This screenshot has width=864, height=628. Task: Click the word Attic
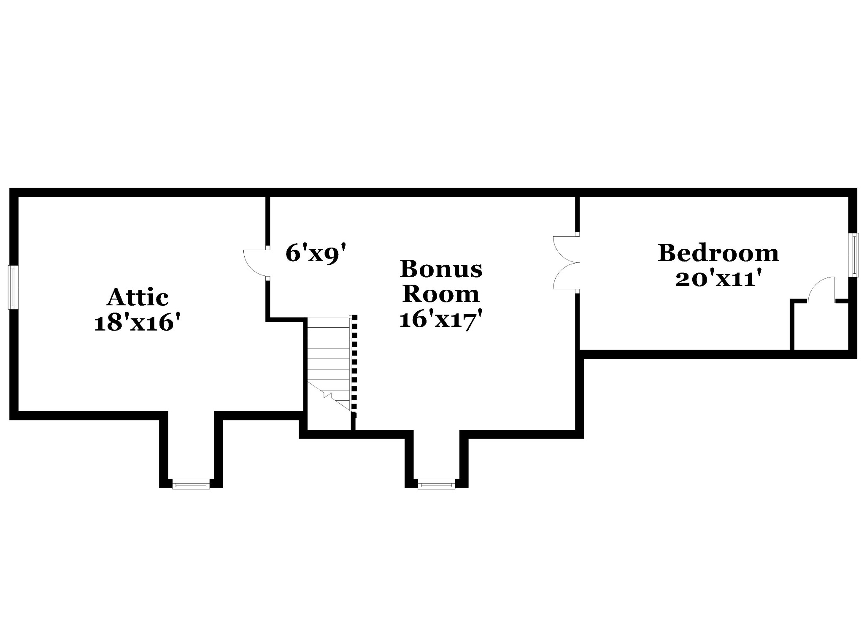point(138,297)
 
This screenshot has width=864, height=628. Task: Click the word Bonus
point(441,269)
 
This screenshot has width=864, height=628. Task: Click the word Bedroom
point(718,253)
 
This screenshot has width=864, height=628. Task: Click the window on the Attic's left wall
point(13,287)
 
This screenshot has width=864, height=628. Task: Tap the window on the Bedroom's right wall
point(853,255)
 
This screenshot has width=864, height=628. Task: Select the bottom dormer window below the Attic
point(191,484)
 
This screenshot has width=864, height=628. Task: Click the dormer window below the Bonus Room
point(436,484)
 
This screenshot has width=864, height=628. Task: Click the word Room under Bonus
point(441,294)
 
